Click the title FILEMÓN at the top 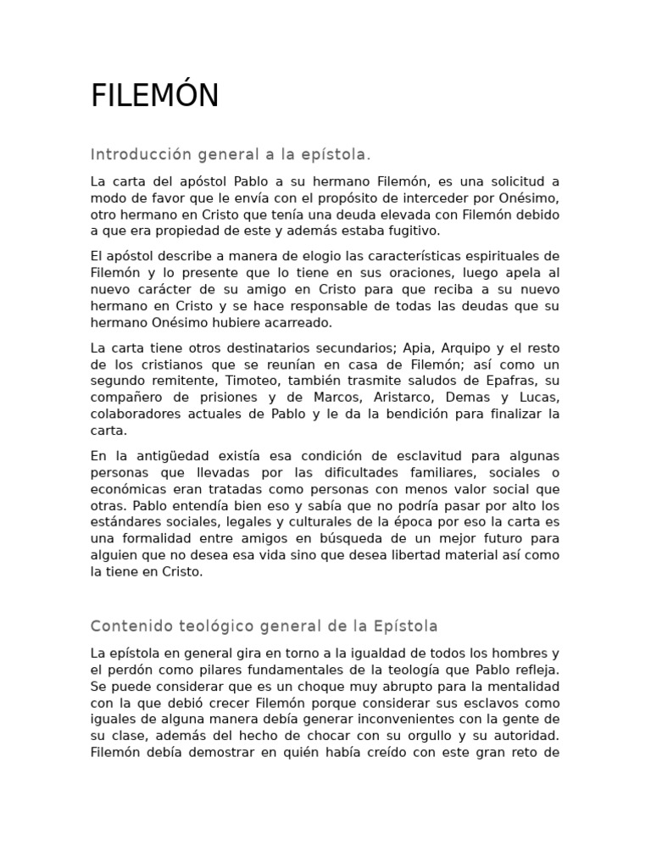click(x=154, y=97)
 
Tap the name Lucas click(x=541, y=398)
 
